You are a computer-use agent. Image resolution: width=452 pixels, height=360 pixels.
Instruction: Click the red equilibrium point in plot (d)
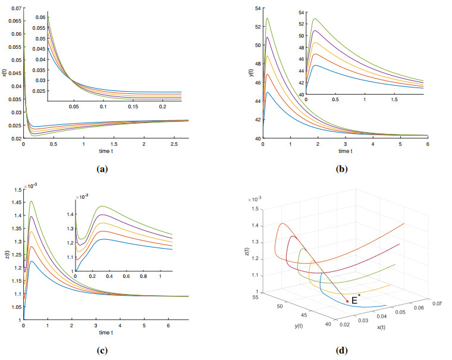click(x=347, y=301)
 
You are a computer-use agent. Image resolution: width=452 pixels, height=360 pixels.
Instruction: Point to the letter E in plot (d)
click(x=354, y=301)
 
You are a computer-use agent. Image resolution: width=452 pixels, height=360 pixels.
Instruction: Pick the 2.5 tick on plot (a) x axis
click(x=174, y=144)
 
